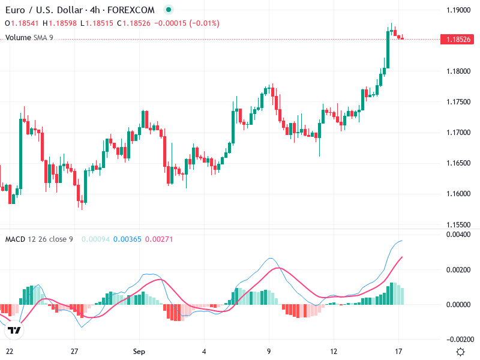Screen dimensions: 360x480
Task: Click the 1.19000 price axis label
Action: [x=458, y=10]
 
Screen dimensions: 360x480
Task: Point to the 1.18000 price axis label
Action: [x=458, y=71]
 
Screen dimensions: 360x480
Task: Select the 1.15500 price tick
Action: [x=458, y=224]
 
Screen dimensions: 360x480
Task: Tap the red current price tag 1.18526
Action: [x=458, y=39]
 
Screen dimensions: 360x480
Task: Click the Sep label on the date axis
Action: [x=139, y=352]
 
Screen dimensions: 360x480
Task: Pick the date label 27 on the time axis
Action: [x=74, y=352]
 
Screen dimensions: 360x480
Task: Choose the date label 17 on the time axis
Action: [x=398, y=352]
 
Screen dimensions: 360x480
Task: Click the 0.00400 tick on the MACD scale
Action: [x=458, y=235]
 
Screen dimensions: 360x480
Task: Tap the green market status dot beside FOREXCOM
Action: [x=169, y=10]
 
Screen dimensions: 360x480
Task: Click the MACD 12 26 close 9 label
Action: [x=39, y=239]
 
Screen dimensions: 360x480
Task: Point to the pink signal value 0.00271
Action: [x=159, y=239]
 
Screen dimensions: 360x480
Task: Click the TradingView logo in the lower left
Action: [x=14, y=330]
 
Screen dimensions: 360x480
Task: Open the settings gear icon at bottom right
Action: [x=460, y=352]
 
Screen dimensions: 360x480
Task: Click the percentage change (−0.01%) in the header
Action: [x=205, y=23]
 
